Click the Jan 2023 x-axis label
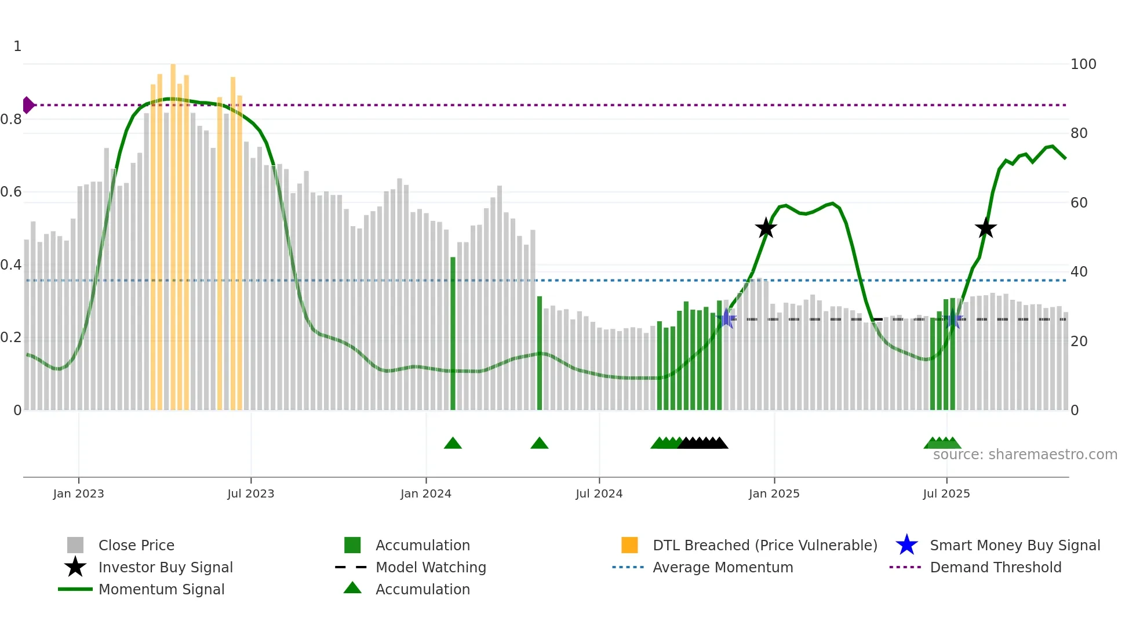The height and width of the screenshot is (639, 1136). point(78,493)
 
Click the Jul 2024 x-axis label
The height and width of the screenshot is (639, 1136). point(599,493)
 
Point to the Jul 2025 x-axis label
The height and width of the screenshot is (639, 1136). point(946,493)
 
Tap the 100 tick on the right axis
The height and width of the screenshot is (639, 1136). point(1083,64)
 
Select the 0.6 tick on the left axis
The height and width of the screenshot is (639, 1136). point(11,192)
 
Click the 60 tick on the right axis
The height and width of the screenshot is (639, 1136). point(1079,203)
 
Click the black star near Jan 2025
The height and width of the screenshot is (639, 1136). point(766,228)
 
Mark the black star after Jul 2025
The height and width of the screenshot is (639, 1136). point(985,228)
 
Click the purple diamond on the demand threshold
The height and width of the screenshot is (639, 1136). point(27,105)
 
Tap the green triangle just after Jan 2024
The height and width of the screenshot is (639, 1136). point(453,444)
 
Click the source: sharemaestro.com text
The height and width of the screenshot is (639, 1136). point(1025,455)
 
